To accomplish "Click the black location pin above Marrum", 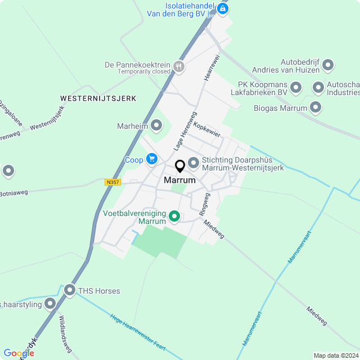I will point(180,166).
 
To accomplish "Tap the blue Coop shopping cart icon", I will point(151,160).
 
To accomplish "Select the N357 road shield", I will point(112,182).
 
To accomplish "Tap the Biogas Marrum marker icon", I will point(316,107).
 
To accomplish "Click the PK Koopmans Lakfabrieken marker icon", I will point(296,88).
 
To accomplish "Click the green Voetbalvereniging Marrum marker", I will point(174,216).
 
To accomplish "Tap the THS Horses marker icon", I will point(70,291).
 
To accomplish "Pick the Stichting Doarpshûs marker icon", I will point(193,163).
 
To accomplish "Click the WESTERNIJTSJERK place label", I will point(98,98).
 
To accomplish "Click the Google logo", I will point(19,353).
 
